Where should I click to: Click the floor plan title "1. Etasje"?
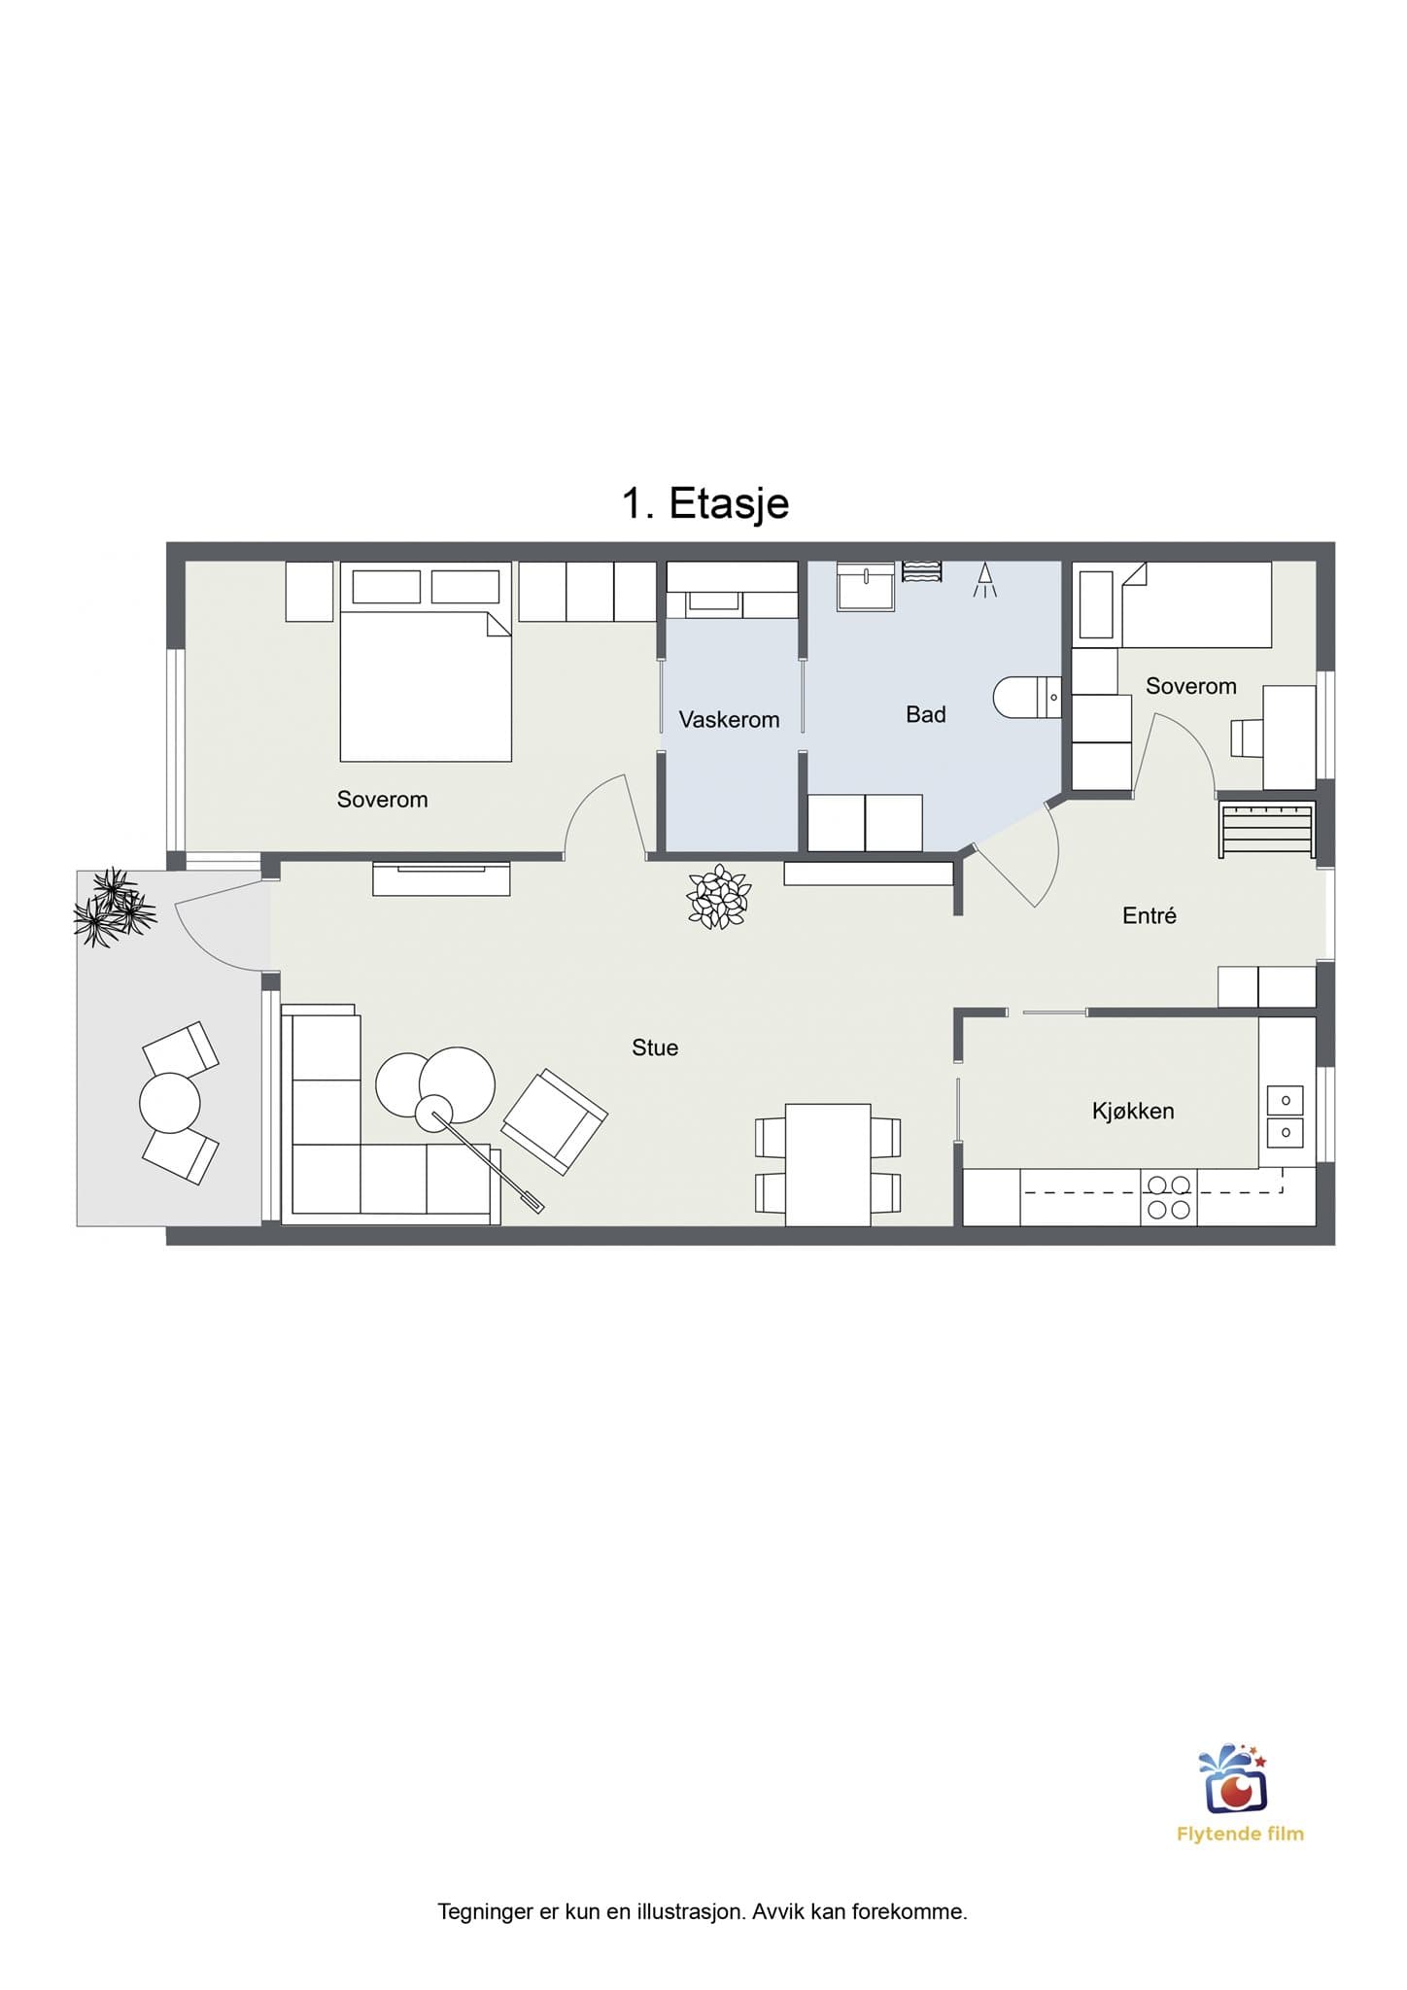[705, 503]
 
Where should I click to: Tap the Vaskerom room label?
[729, 720]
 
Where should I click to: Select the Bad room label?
[925, 714]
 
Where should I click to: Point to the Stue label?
[655, 1047]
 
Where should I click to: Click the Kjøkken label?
[1133, 1111]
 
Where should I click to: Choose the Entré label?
[1150, 915]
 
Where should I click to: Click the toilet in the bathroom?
[1027, 697]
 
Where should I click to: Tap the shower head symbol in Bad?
[984, 579]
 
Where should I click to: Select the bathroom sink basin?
[866, 586]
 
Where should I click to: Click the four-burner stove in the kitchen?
[1168, 1197]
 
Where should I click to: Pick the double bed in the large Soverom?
[426, 662]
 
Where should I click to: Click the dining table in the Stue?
[828, 1164]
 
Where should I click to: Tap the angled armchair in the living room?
[555, 1121]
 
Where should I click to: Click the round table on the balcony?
[170, 1103]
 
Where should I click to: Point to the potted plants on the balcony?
[114, 908]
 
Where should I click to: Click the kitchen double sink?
[1286, 1115]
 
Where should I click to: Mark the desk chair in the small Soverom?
[1246, 738]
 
